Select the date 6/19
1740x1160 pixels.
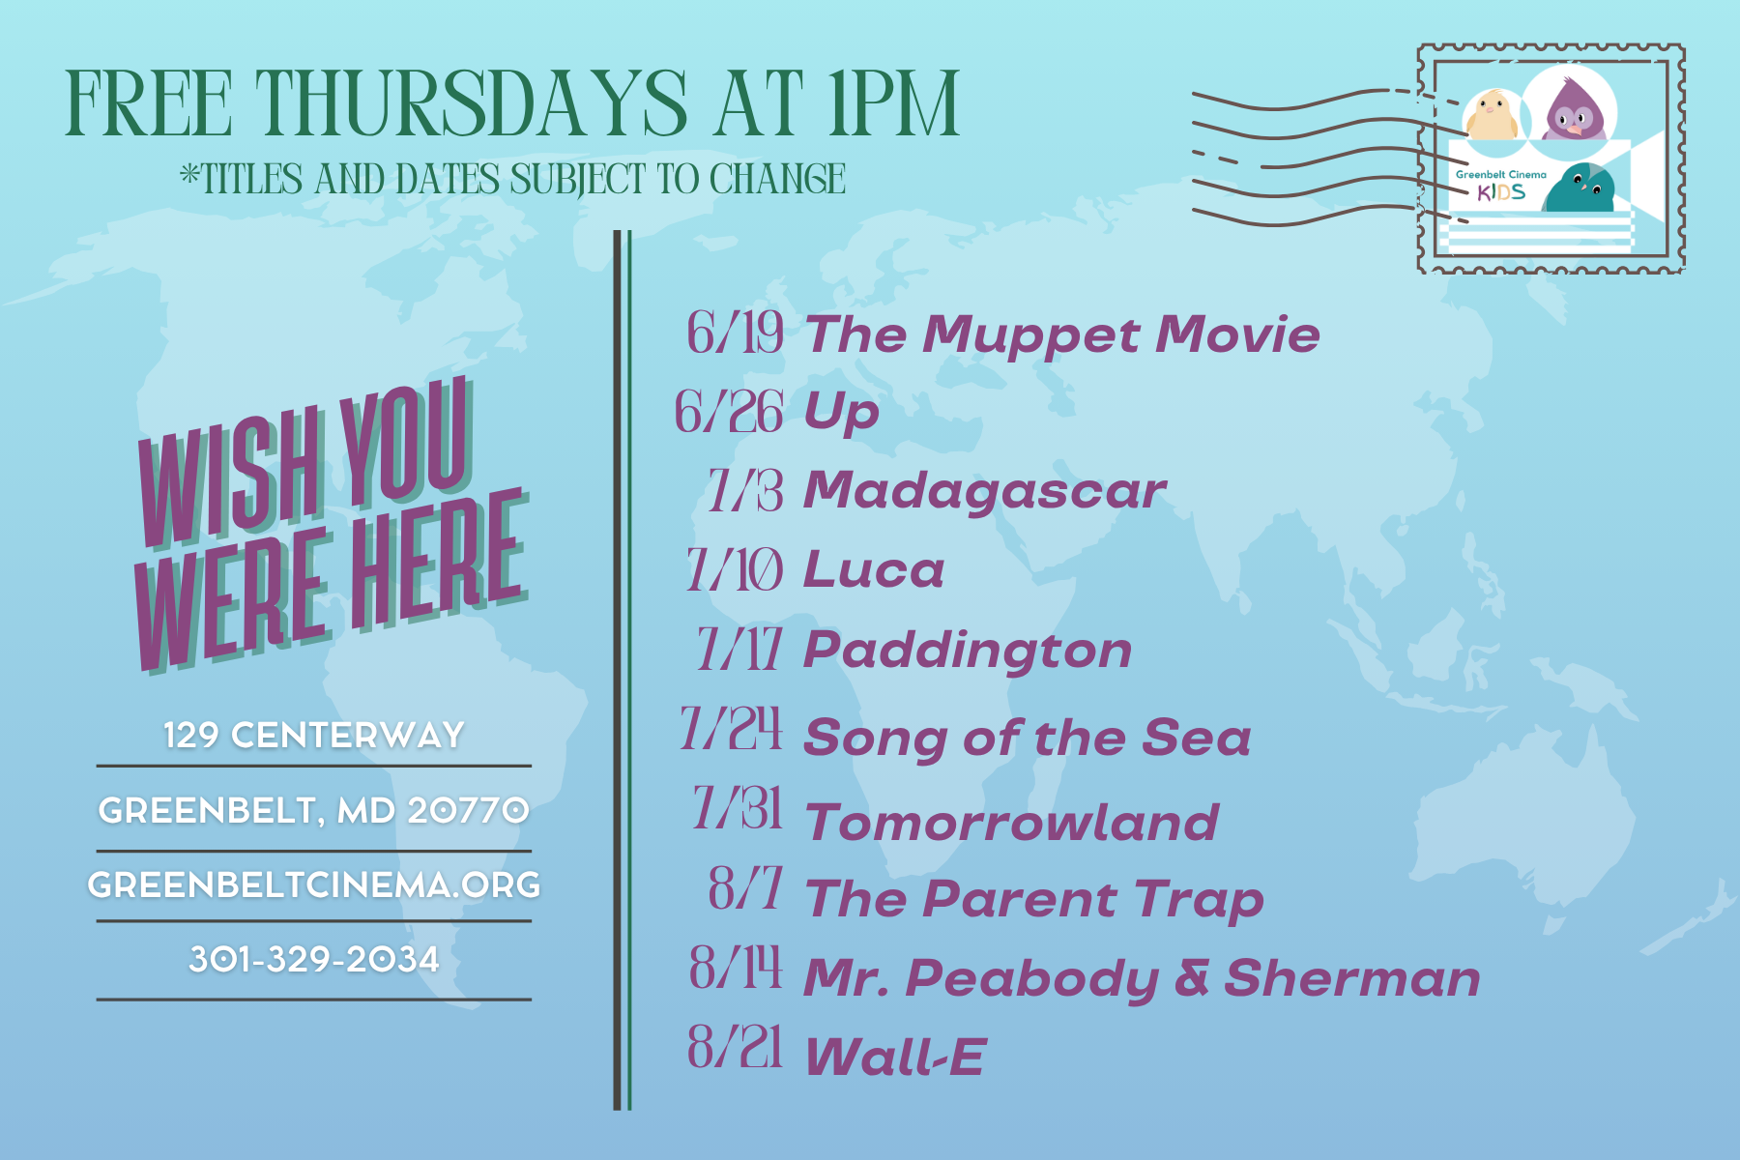tap(735, 333)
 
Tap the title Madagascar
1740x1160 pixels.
tap(985, 491)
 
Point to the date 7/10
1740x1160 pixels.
tap(734, 570)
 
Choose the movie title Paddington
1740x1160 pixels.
tap(968, 651)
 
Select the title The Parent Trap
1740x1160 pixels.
tap(1034, 900)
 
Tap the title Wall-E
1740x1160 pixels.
tap(895, 1056)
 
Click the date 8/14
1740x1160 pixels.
tap(736, 967)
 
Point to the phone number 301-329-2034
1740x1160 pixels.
tap(314, 959)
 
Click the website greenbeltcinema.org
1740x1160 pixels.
tap(314, 884)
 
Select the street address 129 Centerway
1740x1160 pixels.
tap(314, 735)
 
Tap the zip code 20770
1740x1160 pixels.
tap(469, 810)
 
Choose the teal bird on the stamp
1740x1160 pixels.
tap(1580, 188)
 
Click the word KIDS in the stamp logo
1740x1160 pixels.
tap(1501, 192)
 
